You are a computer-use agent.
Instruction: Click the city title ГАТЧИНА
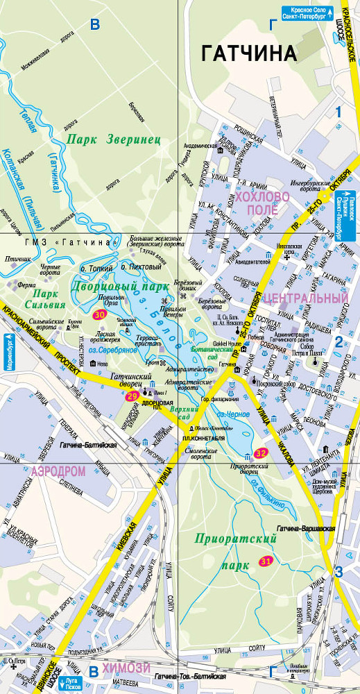(249, 53)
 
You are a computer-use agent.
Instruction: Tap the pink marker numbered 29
(132, 396)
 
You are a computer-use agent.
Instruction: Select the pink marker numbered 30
(100, 314)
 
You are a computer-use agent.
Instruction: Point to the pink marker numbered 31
(266, 561)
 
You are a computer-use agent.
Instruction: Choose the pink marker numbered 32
(262, 452)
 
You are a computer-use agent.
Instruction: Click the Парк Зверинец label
(114, 139)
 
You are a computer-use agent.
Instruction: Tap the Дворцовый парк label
(121, 286)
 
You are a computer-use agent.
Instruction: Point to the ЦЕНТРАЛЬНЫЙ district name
(306, 298)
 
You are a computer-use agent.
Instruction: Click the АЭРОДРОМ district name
(58, 471)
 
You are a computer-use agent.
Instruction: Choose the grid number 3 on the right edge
(338, 572)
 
